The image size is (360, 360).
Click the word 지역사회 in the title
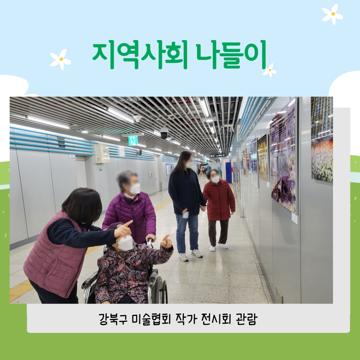pyautogui.click(x=140, y=55)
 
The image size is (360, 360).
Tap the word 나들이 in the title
pyautogui.click(x=231, y=55)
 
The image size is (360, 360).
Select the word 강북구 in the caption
pyautogui.click(x=113, y=319)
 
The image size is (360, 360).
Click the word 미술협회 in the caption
pyautogui.click(x=152, y=319)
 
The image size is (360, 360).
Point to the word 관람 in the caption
pyautogui.click(x=247, y=319)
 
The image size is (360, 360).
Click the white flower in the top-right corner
pyautogui.click(x=332, y=14)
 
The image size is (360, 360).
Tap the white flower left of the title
pyautogui.click(x=61, y=59)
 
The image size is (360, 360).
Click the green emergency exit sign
pyautogui.click(x=133, y=141)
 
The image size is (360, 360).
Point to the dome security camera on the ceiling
pyautogui.click(x=164, y=133)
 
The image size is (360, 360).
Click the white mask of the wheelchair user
pyautogui.click(x=125, y=243)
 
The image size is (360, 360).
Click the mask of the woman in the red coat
pyautogui.click(x=215, y=179)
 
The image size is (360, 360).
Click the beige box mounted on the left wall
pyautogui.click(x=102, y=154)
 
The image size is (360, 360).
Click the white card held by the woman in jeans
pyautogui.click(x=186, y=215)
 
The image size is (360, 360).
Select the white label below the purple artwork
pyautogui.click(x=295, y=218)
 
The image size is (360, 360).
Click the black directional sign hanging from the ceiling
pyautogui.click(x=217, y=155)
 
